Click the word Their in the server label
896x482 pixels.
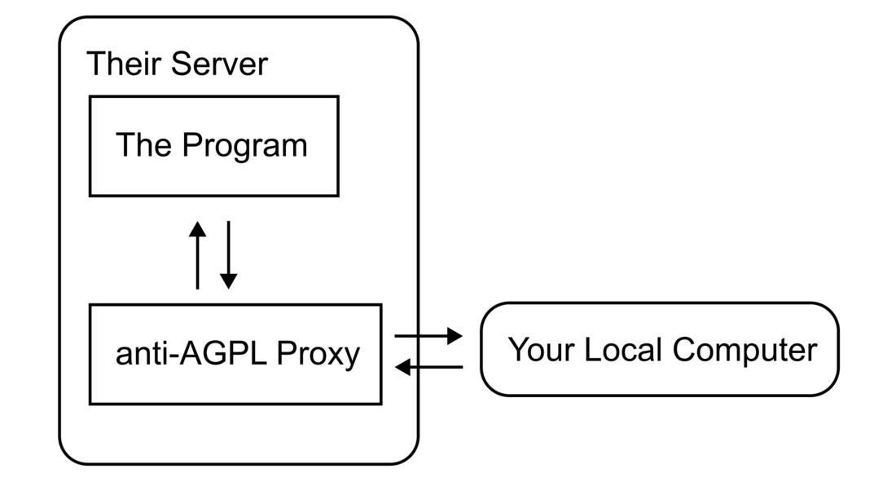124,64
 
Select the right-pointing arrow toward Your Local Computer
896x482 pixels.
428,335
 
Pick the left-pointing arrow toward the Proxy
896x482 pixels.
428,367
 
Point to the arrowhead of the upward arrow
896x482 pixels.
197,228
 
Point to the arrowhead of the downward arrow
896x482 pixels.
229,281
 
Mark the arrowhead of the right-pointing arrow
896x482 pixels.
455,335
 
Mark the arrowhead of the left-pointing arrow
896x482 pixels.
402,367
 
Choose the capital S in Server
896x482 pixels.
179,64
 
